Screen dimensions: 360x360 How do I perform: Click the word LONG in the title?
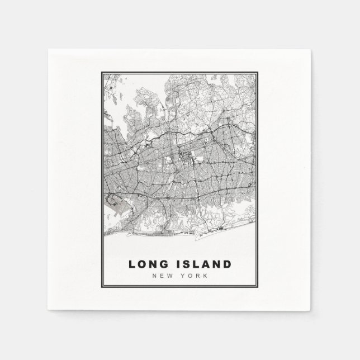(148, 264)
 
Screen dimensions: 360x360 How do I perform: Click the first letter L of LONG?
(132, 264)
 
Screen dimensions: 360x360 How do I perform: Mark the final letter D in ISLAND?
(226, 264)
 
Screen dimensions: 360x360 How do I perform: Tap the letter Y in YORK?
(184, 275)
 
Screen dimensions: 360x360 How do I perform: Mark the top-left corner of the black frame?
(101, 72)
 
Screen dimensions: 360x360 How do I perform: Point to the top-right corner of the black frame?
(258, 72)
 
